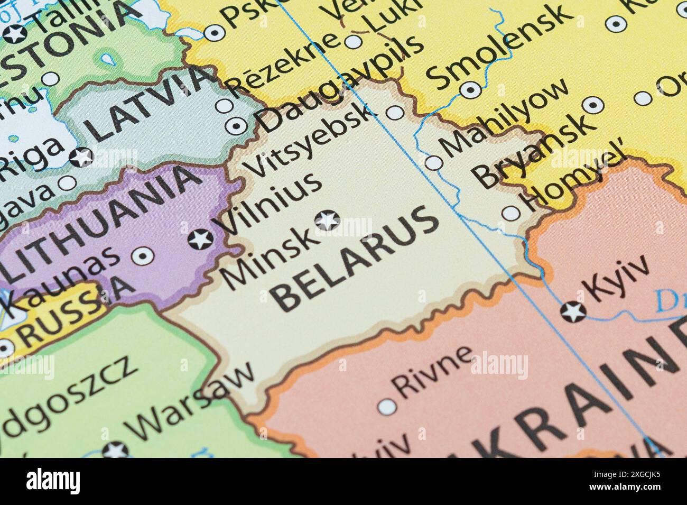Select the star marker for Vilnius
(201, 240)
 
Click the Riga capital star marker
(82, 157)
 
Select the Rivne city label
(433, 370)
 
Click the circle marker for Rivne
(387, 407)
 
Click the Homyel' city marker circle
(511, 213)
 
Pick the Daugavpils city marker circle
(236, 126)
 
